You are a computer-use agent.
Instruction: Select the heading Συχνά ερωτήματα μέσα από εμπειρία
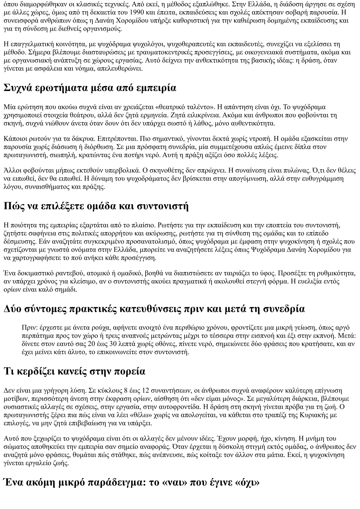point(90,88)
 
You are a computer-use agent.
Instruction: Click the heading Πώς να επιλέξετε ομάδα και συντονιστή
point(96,206)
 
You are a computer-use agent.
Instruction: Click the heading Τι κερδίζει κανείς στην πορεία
point(75,371)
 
